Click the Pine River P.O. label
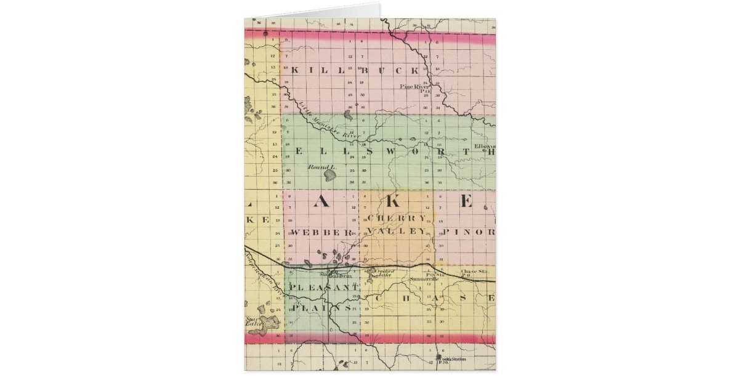[414, 89]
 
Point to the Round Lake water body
[331, 176]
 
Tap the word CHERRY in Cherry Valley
[396, 219]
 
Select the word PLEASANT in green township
[325, 288]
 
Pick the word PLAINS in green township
[322, 307]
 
